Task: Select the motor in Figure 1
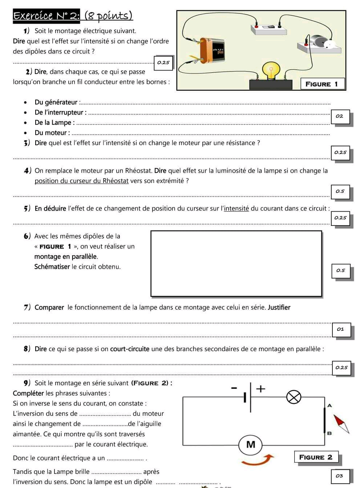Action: [320, 42]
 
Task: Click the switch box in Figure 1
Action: [269, 29]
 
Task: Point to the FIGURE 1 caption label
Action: [321, 84]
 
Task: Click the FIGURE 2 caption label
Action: [315, 457]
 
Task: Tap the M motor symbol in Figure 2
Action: [251, 444]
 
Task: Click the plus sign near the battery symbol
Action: [260, 389]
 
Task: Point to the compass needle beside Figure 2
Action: [341, 424]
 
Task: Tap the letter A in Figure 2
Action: [329, 405]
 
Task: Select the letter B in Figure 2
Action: [329, 433]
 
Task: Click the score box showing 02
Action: [340, 116]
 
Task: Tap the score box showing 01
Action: [340, 329]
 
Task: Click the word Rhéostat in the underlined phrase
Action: [116, 181]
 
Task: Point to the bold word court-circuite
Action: [130, 349]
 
